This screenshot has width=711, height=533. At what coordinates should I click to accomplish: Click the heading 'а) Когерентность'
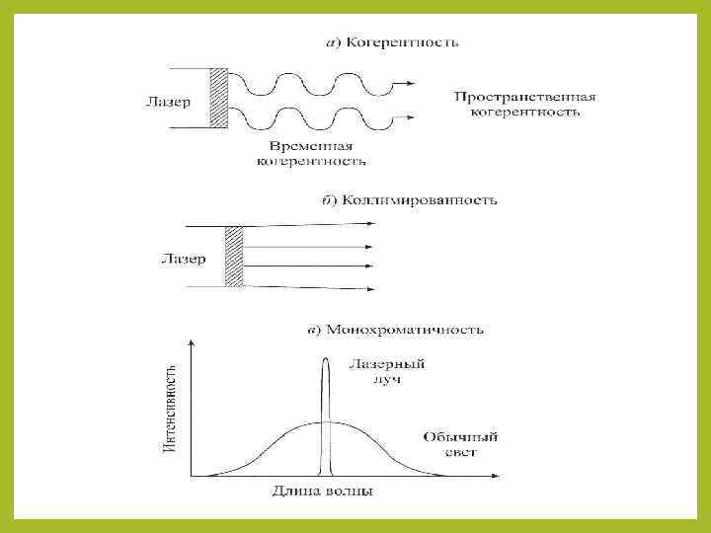point(392,42)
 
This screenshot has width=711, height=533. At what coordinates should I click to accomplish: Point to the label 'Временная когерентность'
point(312,153)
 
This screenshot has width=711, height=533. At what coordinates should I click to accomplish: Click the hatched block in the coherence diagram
point(218,99)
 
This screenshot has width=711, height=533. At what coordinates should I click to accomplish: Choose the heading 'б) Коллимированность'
point(411,200)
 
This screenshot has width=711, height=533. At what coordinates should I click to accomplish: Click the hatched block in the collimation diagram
point(234,257)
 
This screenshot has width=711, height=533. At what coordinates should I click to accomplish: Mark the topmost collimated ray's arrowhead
point(371,224)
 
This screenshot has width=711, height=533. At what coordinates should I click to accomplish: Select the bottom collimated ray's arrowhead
point(371,289)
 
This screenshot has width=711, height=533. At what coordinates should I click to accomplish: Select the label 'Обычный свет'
point(460,444)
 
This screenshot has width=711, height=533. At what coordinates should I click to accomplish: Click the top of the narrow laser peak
point(325,360)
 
